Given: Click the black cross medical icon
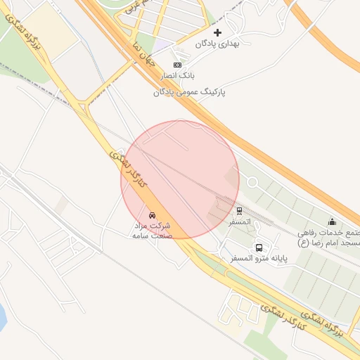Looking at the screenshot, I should [x=217, y=32].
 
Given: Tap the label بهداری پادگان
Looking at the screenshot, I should [x=217, y=44].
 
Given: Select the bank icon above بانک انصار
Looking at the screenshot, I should [x=177, y=65].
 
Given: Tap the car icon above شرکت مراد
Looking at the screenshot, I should [x=152, y=214].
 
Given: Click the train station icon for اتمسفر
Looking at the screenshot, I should [x=239, y=210].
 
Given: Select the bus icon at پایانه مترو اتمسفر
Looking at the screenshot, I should [x=259, y=247].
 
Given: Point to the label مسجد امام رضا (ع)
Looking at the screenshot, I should [x=329, y=238].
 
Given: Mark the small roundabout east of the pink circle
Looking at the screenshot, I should [x=251, y=183].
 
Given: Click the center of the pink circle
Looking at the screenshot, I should [x=180, y=179].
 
